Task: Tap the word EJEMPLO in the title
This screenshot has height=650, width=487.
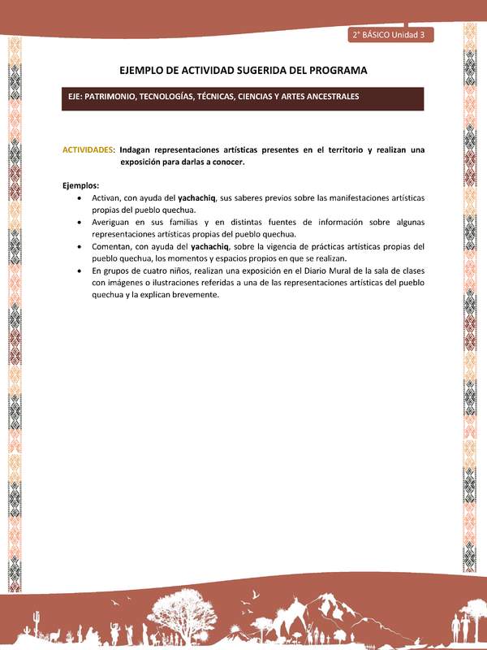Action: click(x=144, y=70)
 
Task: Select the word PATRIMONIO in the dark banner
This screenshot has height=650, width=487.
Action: click(x=113, y=96)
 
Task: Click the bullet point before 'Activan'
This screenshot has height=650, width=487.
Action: click(x=78, y=197)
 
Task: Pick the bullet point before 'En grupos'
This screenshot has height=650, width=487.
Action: click(x=78, y=271)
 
